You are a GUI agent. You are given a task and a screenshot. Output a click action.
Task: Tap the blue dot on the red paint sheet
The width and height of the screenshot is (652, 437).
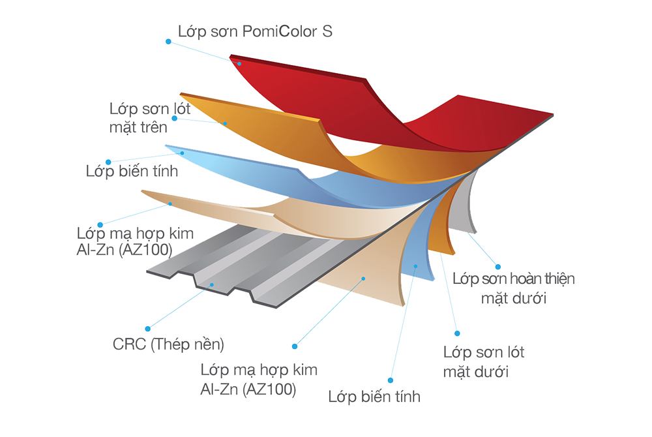point(239,64)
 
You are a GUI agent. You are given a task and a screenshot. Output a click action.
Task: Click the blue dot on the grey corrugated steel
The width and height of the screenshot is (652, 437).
point(212,285)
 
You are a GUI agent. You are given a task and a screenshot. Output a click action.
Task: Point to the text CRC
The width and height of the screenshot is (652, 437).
point(129,344)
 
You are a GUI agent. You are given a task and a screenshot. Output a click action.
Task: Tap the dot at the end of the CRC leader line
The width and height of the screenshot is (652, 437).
point(147,329)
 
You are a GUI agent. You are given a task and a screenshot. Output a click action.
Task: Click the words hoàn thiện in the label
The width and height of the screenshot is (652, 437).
point(539,279)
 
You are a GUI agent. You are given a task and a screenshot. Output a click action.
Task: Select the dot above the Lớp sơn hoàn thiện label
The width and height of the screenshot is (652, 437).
point(497,267)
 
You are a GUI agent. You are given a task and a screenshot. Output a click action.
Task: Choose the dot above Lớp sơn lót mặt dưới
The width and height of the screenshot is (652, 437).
point(457,333)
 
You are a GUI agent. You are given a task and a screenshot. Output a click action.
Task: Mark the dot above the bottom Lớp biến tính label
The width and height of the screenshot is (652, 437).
point(391,380)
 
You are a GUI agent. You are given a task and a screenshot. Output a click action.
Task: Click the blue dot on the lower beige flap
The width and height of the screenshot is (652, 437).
point(363,279)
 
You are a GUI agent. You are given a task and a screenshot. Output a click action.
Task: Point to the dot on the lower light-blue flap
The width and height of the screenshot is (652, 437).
point(415,266)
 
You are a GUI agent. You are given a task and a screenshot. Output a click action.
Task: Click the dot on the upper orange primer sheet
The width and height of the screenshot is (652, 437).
point(225,123)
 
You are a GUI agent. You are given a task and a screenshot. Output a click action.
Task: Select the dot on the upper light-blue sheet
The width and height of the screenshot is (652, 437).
point(182,153)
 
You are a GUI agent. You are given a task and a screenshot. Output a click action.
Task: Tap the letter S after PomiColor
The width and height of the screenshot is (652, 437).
point(328,31)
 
